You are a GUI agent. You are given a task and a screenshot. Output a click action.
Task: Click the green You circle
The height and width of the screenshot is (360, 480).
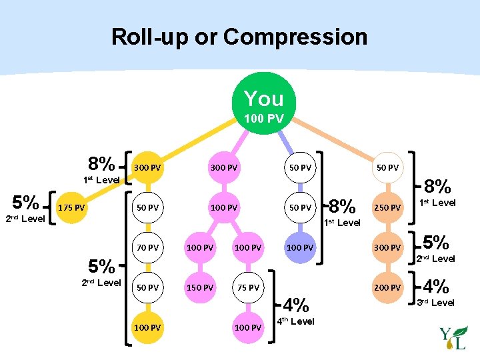(264, 103)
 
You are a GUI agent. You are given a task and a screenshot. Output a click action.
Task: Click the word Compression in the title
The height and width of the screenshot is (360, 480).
(295, 37)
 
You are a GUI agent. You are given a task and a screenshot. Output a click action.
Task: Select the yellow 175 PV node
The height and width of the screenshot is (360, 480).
(71, 207)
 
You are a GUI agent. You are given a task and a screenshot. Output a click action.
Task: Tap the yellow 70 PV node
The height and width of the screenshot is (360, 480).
(147, 247)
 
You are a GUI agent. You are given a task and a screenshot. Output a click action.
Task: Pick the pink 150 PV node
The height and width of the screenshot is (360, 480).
(200, 288)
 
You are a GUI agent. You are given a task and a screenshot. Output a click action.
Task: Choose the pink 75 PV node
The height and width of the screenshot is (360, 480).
(248, 288)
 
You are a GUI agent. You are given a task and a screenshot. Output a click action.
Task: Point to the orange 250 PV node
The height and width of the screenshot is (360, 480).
(387, 207)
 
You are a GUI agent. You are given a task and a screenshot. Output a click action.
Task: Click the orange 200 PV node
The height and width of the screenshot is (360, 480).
(387, 288)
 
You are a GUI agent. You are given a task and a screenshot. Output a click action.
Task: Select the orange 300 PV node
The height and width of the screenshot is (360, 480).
(387, 247)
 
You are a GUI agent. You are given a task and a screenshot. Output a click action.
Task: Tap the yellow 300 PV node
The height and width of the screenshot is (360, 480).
(147, 167)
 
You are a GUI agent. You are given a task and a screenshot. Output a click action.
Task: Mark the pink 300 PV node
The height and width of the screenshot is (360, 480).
(224, 167)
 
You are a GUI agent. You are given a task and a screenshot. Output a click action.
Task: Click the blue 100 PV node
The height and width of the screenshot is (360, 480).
(299, 247)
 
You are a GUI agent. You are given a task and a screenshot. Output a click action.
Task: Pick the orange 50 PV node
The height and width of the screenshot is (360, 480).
(387, 167)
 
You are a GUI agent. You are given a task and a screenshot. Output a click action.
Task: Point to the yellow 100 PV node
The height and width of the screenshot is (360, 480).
(147, 328)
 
